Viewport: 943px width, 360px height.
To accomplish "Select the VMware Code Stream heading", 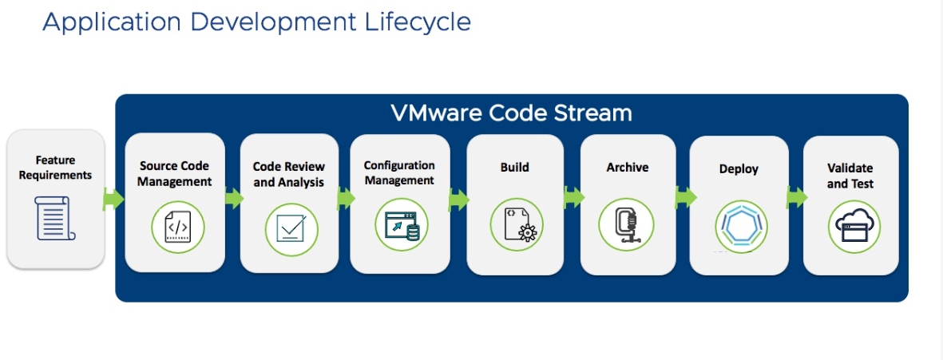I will point(511,113).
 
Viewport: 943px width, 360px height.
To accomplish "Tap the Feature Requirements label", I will point(55,168).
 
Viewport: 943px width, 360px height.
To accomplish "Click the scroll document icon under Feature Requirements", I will point(55,218).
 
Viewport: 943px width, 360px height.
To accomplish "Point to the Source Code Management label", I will point(174,173).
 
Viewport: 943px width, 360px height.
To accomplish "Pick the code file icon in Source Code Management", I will point(177,227).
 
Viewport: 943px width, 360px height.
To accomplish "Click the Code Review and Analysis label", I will point(289,174).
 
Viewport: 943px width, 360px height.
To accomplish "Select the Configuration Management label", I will point(399,172).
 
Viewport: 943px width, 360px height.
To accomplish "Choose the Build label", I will point(514,168).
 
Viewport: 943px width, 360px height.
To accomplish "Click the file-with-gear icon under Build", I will point(516,225).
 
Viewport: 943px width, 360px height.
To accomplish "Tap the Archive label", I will point(627,168).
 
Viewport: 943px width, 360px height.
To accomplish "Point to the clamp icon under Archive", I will point(627,225).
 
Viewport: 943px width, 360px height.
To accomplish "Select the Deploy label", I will point(739,169).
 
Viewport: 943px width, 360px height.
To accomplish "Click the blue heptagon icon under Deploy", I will point(740,226).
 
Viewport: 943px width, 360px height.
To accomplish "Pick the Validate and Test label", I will point(850,176).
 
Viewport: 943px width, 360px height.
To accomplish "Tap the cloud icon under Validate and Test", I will point(852,227).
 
